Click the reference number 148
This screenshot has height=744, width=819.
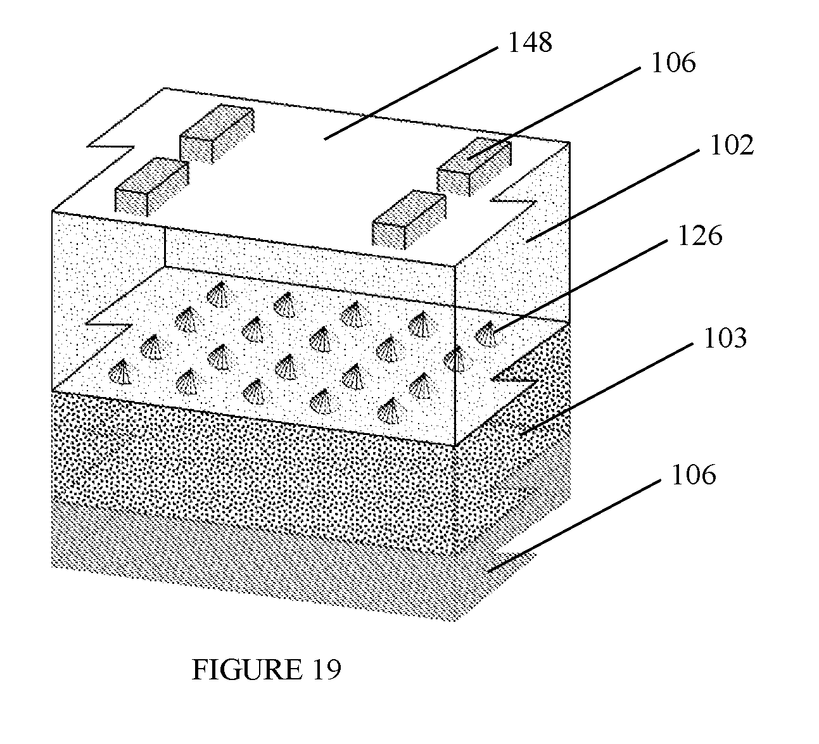click(x=530, y=42)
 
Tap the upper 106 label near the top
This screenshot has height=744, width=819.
click(x=673, y=63)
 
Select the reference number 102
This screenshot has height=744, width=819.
click(x=732, y=145)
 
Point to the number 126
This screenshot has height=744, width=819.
click(x=700, y=236)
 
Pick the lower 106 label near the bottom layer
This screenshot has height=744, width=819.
click(x=694, y=474)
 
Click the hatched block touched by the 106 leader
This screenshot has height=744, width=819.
click(x=474, y=167)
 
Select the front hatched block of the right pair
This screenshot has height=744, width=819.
click(x=409, y=219)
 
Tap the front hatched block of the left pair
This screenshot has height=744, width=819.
click(x=152, y=187)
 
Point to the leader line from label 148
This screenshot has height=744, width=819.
click(x=411, y=94)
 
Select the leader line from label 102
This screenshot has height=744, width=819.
click(x=613, y=196)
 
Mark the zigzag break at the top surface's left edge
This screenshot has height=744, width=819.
click(x=111, y=146)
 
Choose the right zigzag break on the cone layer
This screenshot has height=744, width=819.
click(x=514, y=380)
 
